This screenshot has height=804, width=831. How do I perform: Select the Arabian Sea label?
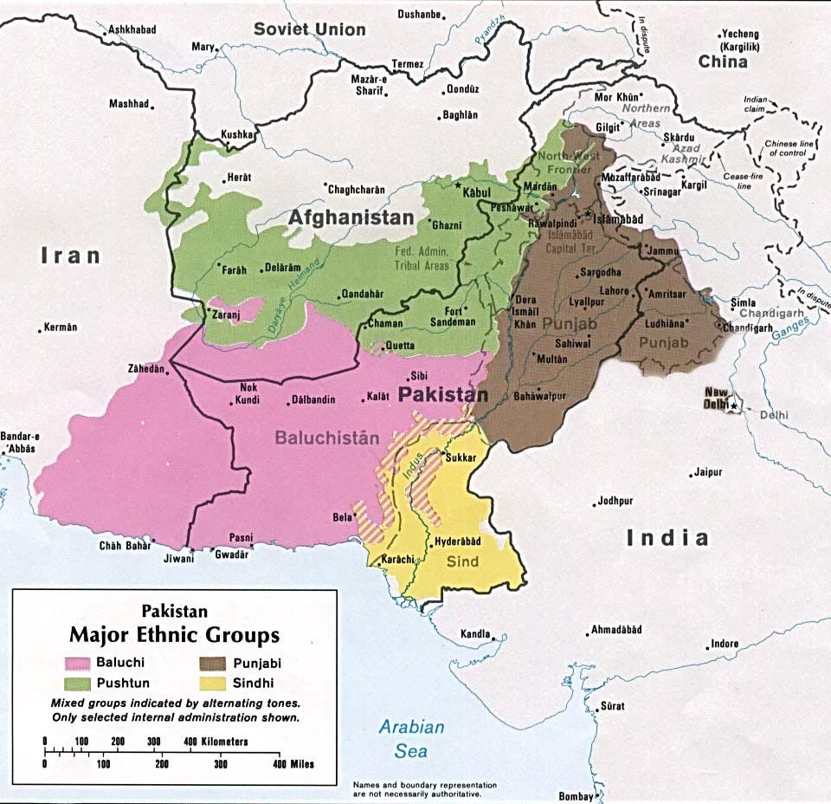[x=412, y=739]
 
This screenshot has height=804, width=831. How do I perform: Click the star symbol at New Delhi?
[x=733, y=405]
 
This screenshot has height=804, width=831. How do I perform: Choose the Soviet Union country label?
[x=309, y=29]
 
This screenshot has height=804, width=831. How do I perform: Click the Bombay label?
[x=575, y=796]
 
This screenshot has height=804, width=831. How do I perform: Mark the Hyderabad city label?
[x=456, y=541]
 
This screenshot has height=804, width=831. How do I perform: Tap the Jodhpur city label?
[x=615, y=502]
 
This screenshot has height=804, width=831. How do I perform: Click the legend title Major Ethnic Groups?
[x=175, y=635]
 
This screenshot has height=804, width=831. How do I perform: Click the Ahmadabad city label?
[x=617, y=629]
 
